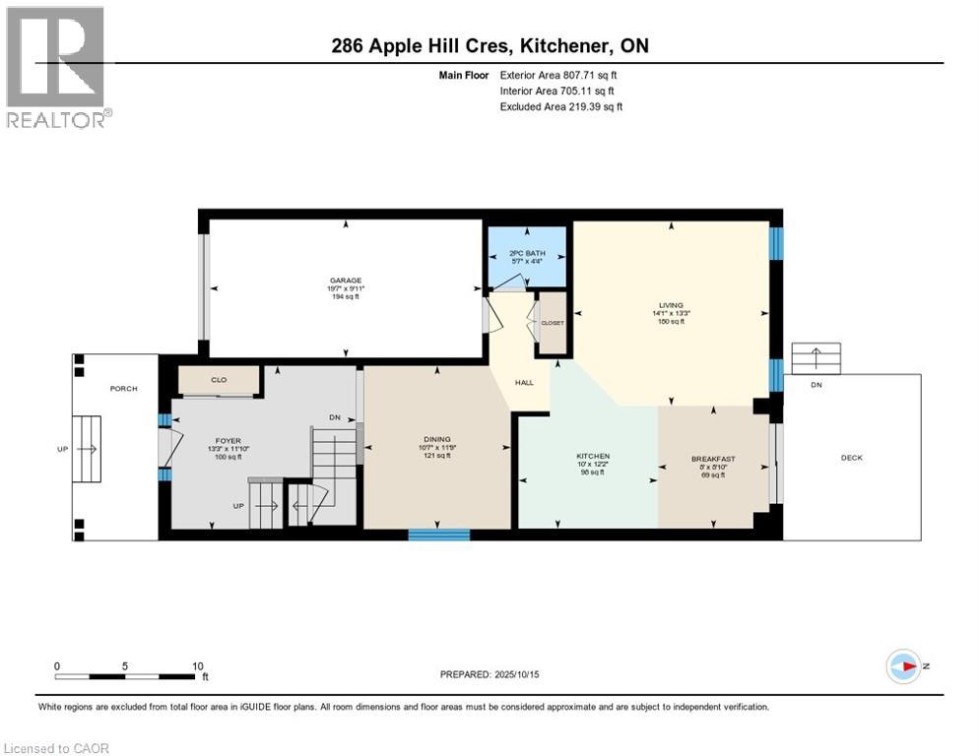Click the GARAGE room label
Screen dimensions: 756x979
point(346,280)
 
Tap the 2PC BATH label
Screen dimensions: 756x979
point(527,253)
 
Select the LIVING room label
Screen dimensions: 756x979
point(671,305)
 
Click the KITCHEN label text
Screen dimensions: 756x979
point(593,456)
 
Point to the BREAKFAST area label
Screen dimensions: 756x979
point(710,458)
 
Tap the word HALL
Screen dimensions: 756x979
point(524,382)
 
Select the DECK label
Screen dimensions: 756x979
point(852,457)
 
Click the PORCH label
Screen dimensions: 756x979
point(124,388)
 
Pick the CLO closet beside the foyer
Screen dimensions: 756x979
point(219,379)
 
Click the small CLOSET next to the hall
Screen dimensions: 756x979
point(553,323)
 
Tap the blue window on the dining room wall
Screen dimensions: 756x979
point(439,535)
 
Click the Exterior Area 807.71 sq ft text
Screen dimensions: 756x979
point(560,75)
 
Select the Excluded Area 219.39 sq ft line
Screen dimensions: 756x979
point(561,106)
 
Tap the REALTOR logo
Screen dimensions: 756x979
point(57,67)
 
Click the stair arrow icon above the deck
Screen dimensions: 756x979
point(816,357)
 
